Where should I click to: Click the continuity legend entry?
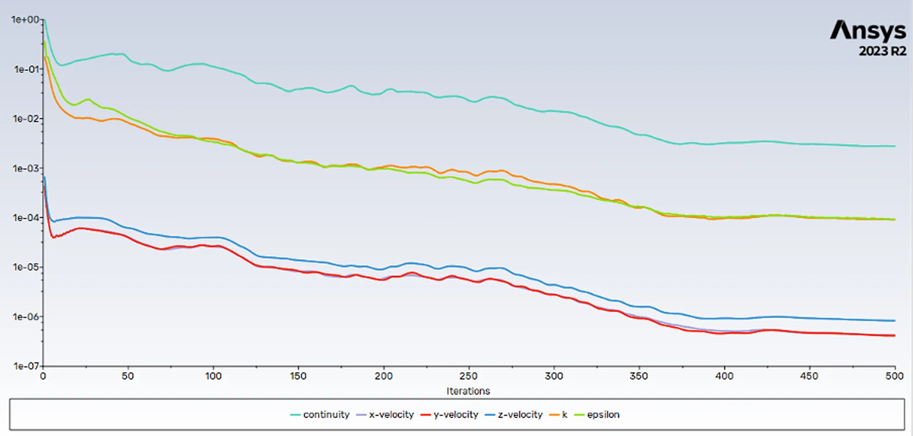320,415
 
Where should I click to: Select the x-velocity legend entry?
385,415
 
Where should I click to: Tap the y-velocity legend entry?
450,415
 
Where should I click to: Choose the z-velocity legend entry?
514,415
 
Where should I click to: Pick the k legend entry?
558,415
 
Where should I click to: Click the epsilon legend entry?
597,415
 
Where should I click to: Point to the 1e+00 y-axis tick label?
25,20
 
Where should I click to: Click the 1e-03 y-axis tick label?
26,168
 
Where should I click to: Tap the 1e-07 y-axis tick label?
26,366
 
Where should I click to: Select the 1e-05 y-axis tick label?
26,267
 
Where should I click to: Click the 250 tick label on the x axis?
468,376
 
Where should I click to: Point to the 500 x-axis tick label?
894,376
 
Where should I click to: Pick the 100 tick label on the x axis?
213,376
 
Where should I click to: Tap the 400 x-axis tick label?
724,376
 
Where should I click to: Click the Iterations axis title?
468,391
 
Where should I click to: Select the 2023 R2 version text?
883,51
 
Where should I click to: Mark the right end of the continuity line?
895,146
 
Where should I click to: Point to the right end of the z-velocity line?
895,321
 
